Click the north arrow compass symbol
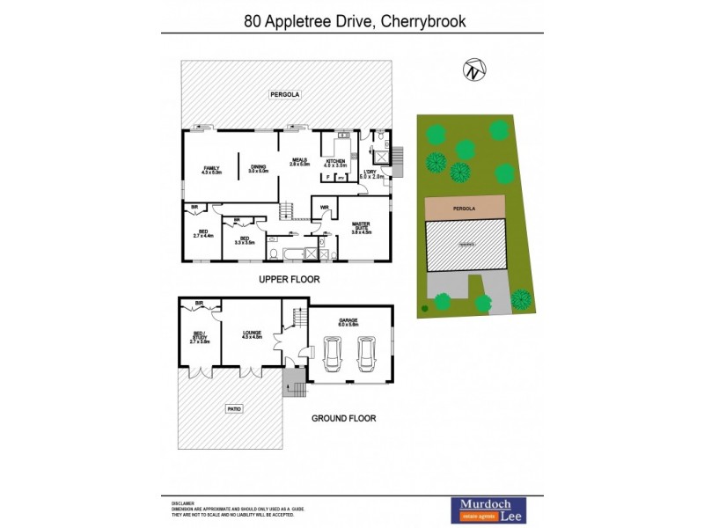475,70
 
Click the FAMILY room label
211,170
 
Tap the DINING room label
258,168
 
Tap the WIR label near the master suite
324,209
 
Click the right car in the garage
367,356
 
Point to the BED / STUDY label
199,336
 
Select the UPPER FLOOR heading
289,280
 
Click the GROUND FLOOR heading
343,418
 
